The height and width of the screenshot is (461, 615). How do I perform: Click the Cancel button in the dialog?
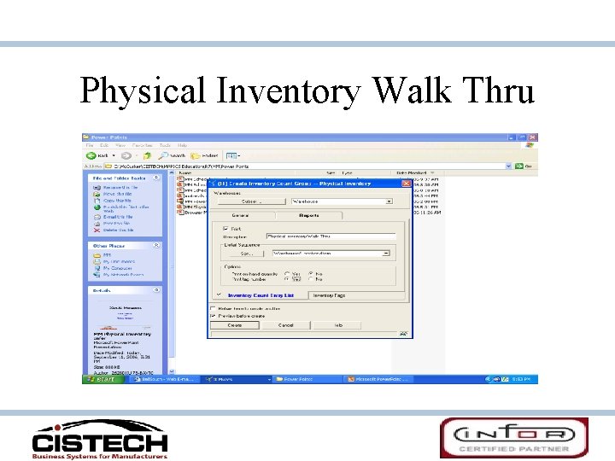[x=285, y=325]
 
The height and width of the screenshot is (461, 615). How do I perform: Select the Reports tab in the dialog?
[x=309, y=215]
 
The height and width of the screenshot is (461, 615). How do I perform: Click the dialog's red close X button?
[x=407, y=183]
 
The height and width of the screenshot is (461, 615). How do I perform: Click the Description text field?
[x=330, y=236]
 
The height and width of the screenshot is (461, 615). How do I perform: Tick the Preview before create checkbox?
[x=213, y=316]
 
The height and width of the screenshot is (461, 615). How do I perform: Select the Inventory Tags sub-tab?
[x=328, y=295]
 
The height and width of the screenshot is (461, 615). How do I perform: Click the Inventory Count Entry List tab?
[x=260, y=295]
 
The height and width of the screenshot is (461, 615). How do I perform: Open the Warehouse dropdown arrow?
[x=389, y=201]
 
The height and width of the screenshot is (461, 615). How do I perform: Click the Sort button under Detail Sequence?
[x=246, y=254]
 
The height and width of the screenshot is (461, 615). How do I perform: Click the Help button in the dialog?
[x=338, y=325]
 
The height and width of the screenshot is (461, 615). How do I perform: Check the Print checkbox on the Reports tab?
[x=225, y=228]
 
